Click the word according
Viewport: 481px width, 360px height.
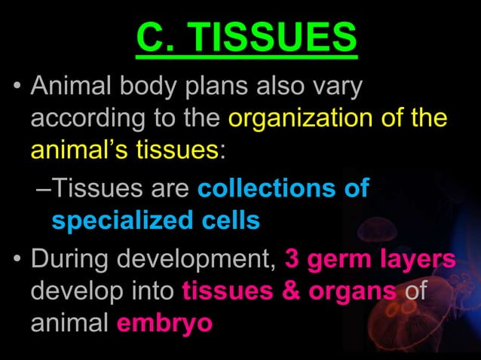coord(87,119)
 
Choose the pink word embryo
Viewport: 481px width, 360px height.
coord(164,324)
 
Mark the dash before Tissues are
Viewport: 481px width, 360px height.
coord(44,189)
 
